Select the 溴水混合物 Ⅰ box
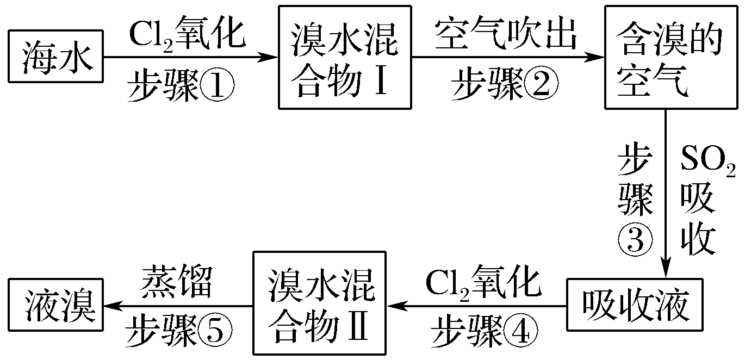click(x=344, y=57)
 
